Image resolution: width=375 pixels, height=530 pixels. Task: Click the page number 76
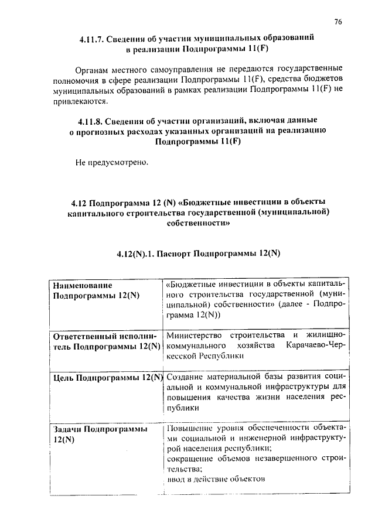(338, 22)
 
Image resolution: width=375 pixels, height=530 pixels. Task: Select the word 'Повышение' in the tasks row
(189, 427)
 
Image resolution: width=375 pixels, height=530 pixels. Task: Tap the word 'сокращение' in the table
(192, 457)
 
